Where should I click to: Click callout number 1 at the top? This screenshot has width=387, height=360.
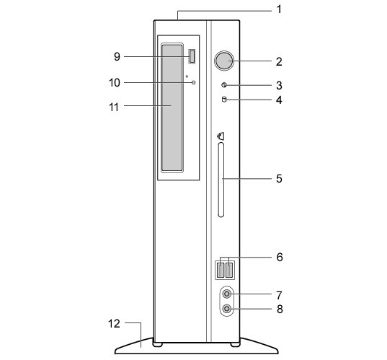279,9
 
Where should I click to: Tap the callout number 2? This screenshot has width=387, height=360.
279,61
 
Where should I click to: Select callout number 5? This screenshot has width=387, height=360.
279,178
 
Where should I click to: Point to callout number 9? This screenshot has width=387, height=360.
117,56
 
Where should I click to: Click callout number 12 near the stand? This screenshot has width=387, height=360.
114,324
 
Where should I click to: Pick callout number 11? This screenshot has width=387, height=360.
114,107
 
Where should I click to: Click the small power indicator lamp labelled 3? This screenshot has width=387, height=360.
224,85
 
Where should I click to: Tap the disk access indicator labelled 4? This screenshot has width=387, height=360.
224,100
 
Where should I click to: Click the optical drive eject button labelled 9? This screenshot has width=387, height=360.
192,56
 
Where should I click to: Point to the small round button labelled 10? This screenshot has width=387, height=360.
193,82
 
